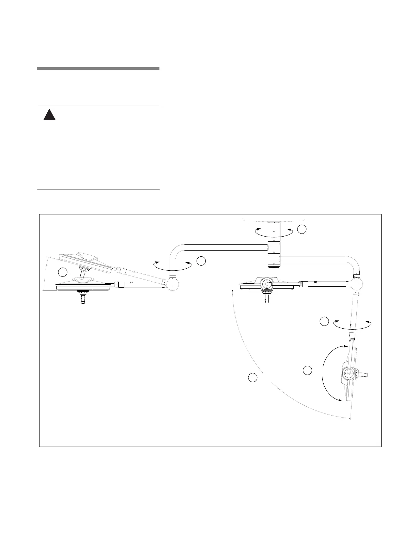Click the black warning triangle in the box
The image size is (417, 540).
(49, 115)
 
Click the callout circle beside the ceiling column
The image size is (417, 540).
(302, 229)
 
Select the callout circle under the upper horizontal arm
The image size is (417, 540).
(201, 261)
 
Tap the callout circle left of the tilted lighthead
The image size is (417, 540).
(62, 272)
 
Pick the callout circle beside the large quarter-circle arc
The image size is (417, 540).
(252, 378)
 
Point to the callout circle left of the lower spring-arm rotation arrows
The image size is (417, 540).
(324, 321)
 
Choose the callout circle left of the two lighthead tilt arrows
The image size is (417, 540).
(307, 371)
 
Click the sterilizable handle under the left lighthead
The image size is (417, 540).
(82, 299)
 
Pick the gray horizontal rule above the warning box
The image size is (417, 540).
(98, 69)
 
